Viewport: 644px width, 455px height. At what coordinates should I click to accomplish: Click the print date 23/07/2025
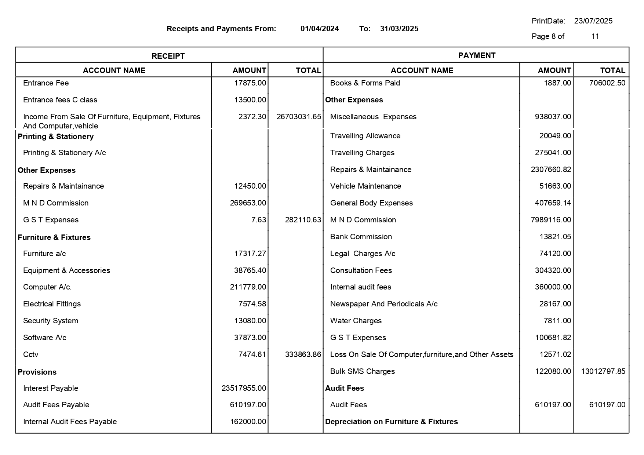[593, 21]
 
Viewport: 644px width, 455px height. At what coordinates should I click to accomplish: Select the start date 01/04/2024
[319, 29]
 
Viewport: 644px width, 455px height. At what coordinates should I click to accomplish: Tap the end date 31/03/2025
[399, 29]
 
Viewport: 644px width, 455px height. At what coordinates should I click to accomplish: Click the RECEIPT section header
[168, 56]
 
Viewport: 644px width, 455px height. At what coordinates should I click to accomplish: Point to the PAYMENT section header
[476, 55]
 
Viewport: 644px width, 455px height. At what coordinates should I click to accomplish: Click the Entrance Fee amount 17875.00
[250, 83]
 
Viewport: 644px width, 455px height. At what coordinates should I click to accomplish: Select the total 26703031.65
[299, 117]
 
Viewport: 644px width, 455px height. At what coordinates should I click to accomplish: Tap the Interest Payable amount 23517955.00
[244, 388]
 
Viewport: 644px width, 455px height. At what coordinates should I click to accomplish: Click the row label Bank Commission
[361, 237]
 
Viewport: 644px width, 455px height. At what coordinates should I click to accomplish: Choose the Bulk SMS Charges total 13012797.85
[603, 371]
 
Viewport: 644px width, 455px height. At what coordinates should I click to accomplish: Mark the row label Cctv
[30, 354]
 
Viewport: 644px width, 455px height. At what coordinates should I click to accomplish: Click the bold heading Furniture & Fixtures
[54, 237]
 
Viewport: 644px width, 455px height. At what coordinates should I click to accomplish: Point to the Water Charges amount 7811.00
[557, 321]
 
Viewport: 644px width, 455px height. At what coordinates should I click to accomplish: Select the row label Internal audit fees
[360, 287]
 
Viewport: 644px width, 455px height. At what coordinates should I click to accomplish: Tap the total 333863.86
[303, 354]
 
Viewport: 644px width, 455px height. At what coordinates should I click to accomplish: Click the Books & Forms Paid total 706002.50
[607, 83]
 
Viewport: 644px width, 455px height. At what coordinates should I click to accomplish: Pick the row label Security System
[50, 321]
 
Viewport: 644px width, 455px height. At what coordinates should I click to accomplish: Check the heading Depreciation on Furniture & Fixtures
[391, 422]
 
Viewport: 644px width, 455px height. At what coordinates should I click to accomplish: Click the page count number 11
[595, 36]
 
